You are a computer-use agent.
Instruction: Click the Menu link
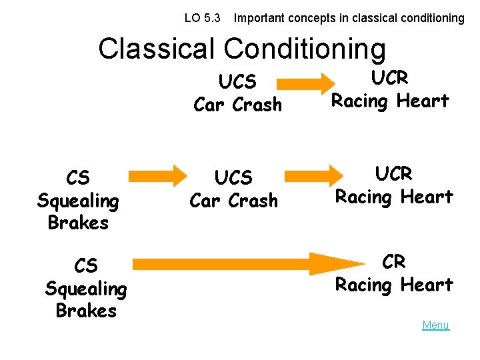(x=435, y=325)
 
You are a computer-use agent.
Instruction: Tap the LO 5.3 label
(x=202, y=18)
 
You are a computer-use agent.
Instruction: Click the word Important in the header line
(x=259, y=18)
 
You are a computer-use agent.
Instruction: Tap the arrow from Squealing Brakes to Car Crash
(x=158, y=175)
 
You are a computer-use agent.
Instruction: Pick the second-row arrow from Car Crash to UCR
(x=306, y=175)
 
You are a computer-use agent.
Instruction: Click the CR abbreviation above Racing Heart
(x=393, y=262)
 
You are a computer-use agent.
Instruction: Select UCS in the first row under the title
(x=237, y=82)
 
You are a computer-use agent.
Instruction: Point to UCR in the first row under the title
(x=390, y=78)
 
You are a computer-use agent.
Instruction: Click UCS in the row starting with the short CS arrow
(x=234, y=178)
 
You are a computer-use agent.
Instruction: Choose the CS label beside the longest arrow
(x=85, y=267)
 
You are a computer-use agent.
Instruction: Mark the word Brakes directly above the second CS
(x=78, y=223)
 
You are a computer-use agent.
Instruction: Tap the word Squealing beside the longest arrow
(x=85, y=289)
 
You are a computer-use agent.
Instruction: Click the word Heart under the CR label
(x=425, y=285)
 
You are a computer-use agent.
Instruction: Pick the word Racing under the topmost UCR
(x=360, y=101)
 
